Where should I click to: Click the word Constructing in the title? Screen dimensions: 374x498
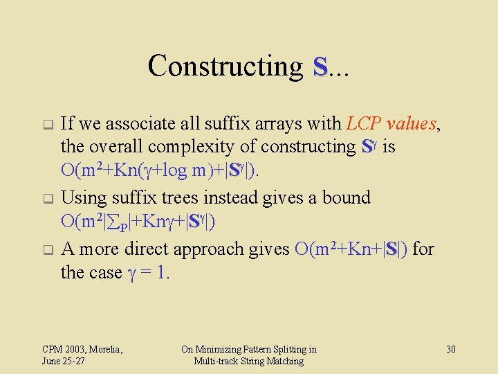click(x=225, y=66)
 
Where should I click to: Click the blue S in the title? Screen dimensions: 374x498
click(x=320, y=67)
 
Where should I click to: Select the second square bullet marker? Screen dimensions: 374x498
click(x=48, y=199)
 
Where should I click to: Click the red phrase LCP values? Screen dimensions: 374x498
click(x=392, y=124)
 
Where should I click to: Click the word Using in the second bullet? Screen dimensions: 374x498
click(x=82, y=198)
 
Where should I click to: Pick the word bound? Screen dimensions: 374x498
click(x=345, y=198)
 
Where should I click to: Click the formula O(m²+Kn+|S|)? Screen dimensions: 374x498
click(x=352, y=249)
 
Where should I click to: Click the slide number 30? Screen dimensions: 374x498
click(x=450, y=349)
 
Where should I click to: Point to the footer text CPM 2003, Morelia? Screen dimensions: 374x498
click(x=82, y=349)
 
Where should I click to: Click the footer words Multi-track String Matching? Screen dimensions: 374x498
click(x=248, y=361)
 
